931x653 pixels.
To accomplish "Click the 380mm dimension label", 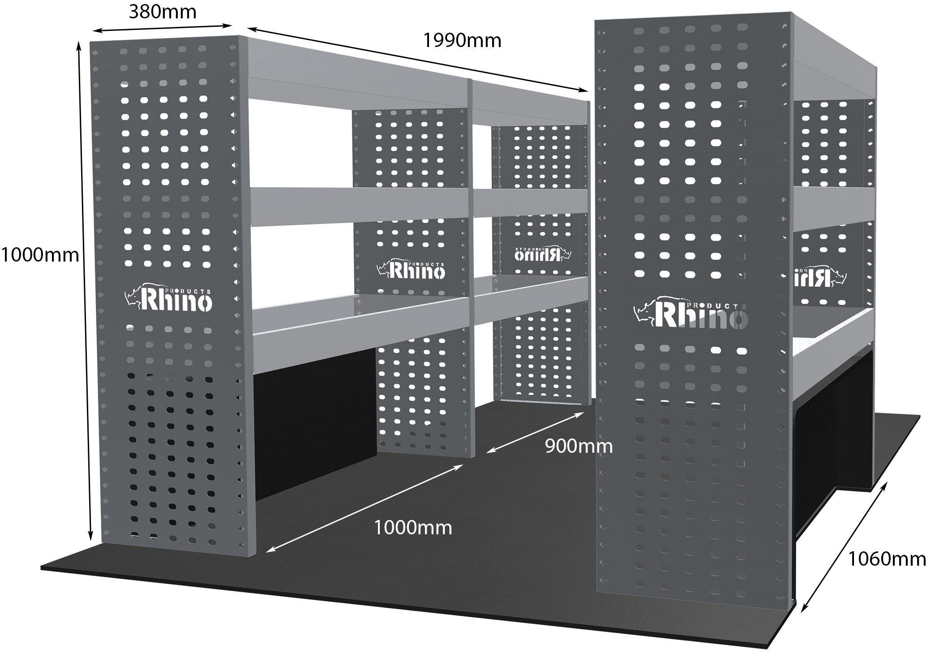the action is coord(163,12).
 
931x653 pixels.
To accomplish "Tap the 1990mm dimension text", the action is coord(462,41).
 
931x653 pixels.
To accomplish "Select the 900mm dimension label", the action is coord(579,446).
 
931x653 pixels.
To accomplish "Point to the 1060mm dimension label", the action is coord(887,559).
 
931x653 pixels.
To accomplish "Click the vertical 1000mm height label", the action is coord(40,255).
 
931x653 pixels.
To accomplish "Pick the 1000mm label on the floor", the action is coord(412,528).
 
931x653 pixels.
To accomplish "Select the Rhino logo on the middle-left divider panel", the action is coord(411,269).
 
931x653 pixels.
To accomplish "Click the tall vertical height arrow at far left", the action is coord(85,291).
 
